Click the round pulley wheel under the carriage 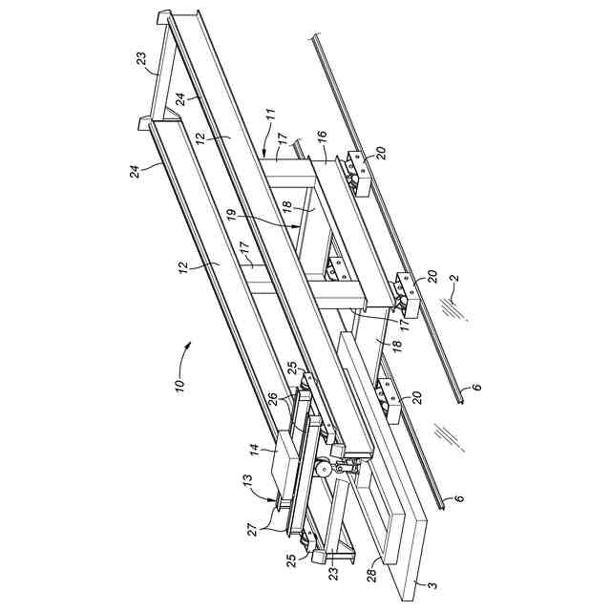coord(325,468)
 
